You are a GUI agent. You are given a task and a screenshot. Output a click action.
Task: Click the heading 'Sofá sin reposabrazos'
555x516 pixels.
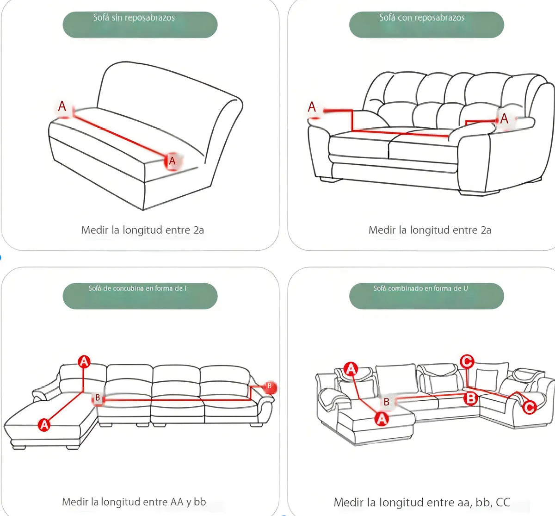point(134,18)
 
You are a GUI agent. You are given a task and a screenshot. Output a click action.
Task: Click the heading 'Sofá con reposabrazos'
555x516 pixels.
point(422,18)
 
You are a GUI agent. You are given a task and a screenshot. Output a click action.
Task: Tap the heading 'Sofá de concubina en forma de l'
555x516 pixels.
point(137,288)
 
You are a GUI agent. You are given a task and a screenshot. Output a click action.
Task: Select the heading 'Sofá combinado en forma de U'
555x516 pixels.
point(420,288)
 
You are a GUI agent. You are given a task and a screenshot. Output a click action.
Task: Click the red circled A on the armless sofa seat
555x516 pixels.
point(172,161)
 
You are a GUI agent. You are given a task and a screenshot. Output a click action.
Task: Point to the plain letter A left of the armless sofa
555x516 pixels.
point(62,106)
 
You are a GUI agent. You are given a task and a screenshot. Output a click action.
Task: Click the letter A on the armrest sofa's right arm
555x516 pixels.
point(504,118)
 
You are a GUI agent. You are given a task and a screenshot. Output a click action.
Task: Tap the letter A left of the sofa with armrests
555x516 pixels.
point(312,107)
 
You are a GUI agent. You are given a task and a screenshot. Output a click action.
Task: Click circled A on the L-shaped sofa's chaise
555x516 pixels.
point(44,425)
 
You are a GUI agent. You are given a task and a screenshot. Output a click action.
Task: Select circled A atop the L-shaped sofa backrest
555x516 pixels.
point(84,362)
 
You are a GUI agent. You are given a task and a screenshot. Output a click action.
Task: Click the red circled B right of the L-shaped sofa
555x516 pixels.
point(269,387)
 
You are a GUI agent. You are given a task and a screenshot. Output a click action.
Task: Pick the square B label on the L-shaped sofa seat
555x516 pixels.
point(98,398)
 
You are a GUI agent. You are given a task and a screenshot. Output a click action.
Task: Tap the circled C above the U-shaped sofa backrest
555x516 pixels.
point(467,361)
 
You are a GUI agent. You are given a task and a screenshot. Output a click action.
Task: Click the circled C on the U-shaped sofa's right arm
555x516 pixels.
point(529,407)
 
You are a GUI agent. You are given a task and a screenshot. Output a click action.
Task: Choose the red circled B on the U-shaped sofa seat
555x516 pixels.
point(471,398)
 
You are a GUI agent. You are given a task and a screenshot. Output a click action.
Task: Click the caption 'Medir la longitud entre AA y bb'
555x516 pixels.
point(134,502)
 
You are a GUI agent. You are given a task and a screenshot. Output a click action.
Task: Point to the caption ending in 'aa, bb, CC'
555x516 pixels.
point(422,502)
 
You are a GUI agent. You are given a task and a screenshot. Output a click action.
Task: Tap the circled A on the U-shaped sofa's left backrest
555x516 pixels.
point(351,369)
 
